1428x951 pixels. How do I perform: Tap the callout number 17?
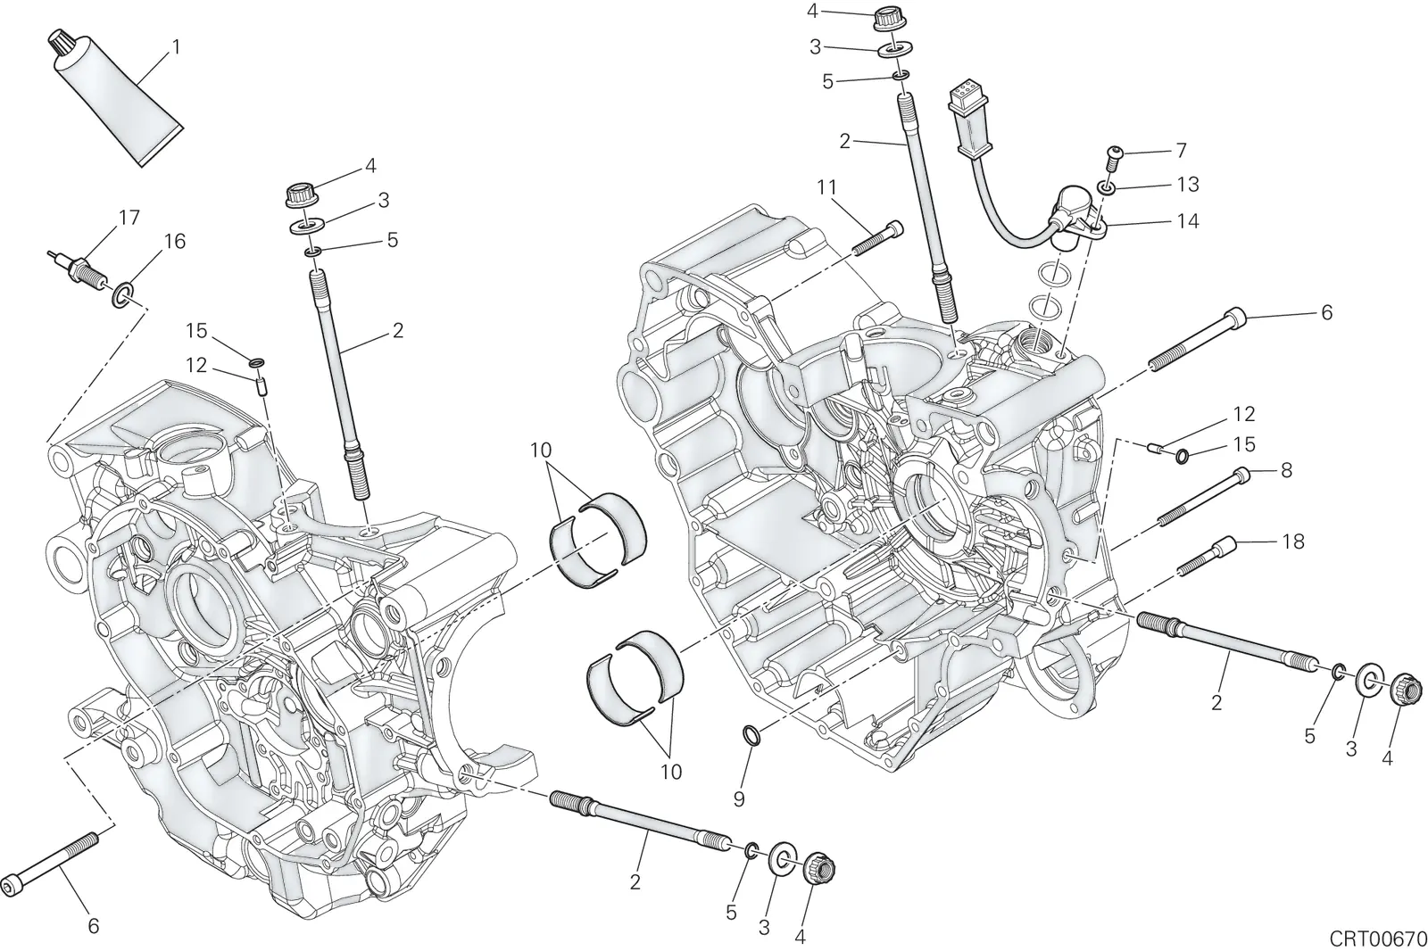(x=129, y=218)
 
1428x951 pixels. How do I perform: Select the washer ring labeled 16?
(x=123, y=295)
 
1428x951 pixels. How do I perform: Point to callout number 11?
(x=826, y=187)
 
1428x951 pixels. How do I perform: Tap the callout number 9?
(x=739, y=798)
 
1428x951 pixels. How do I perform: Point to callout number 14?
(x=1188, y=221)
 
